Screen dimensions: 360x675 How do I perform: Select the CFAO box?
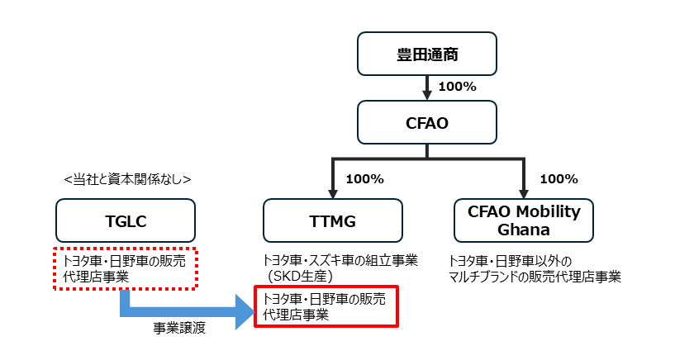pos(426,122)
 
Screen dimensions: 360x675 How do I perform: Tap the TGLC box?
pos(126,220)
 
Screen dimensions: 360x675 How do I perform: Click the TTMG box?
pos(333,220)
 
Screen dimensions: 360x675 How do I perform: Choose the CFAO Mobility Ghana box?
pos(524,220)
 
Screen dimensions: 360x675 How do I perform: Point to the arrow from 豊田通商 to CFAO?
pos(426,86)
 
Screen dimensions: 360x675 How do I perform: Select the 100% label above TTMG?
pos(364,178)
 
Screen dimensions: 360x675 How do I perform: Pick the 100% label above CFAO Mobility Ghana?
pos(558,178)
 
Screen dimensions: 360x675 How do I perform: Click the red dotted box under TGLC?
pos(126,268)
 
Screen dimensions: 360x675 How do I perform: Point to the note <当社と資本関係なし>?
pos(126,178)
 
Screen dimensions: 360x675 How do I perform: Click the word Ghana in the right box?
pos(524,229)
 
